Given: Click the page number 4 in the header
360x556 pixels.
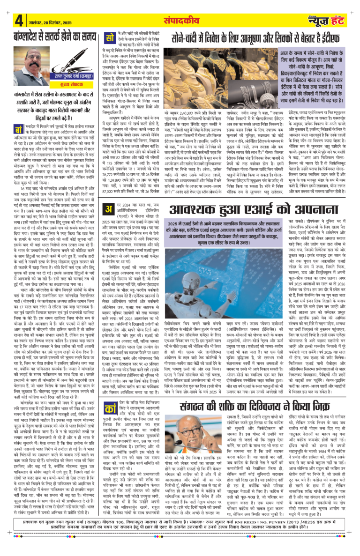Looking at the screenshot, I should [19, 21].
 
